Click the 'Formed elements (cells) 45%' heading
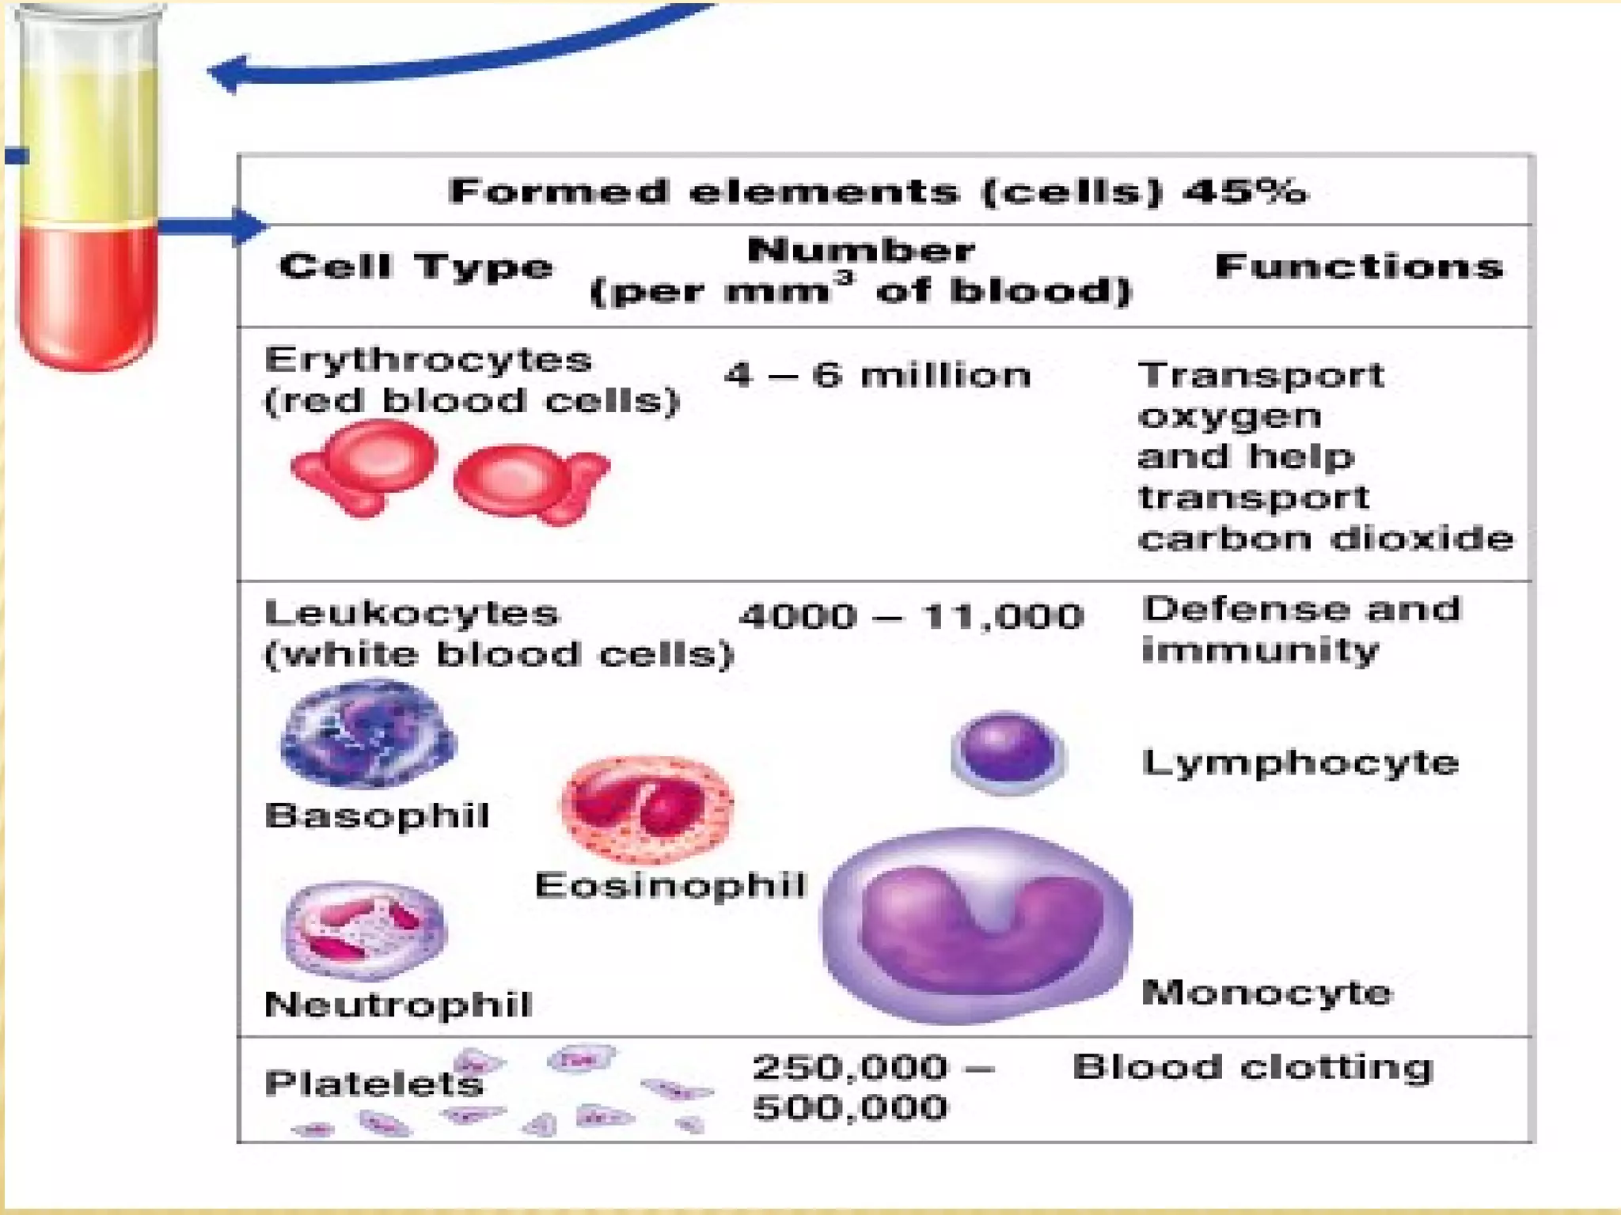point(877,192)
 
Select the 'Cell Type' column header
point(416,267)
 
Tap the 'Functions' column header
point(1358,267)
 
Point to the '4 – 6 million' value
point(877,375)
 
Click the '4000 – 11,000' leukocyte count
point(910,616)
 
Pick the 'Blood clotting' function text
point(1252,1067)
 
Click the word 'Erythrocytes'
point(428,361)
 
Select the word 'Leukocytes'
point(412,613)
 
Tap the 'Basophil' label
point(377,816)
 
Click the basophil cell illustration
point(368,734)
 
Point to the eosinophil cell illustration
point(647,807)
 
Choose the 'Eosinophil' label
point(670,885)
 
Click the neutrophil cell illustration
point(365,930)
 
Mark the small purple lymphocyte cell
point(1007,751)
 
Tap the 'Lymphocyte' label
point(1300,763)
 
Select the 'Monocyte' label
point(1266,992)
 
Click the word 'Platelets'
point(374,1083)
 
